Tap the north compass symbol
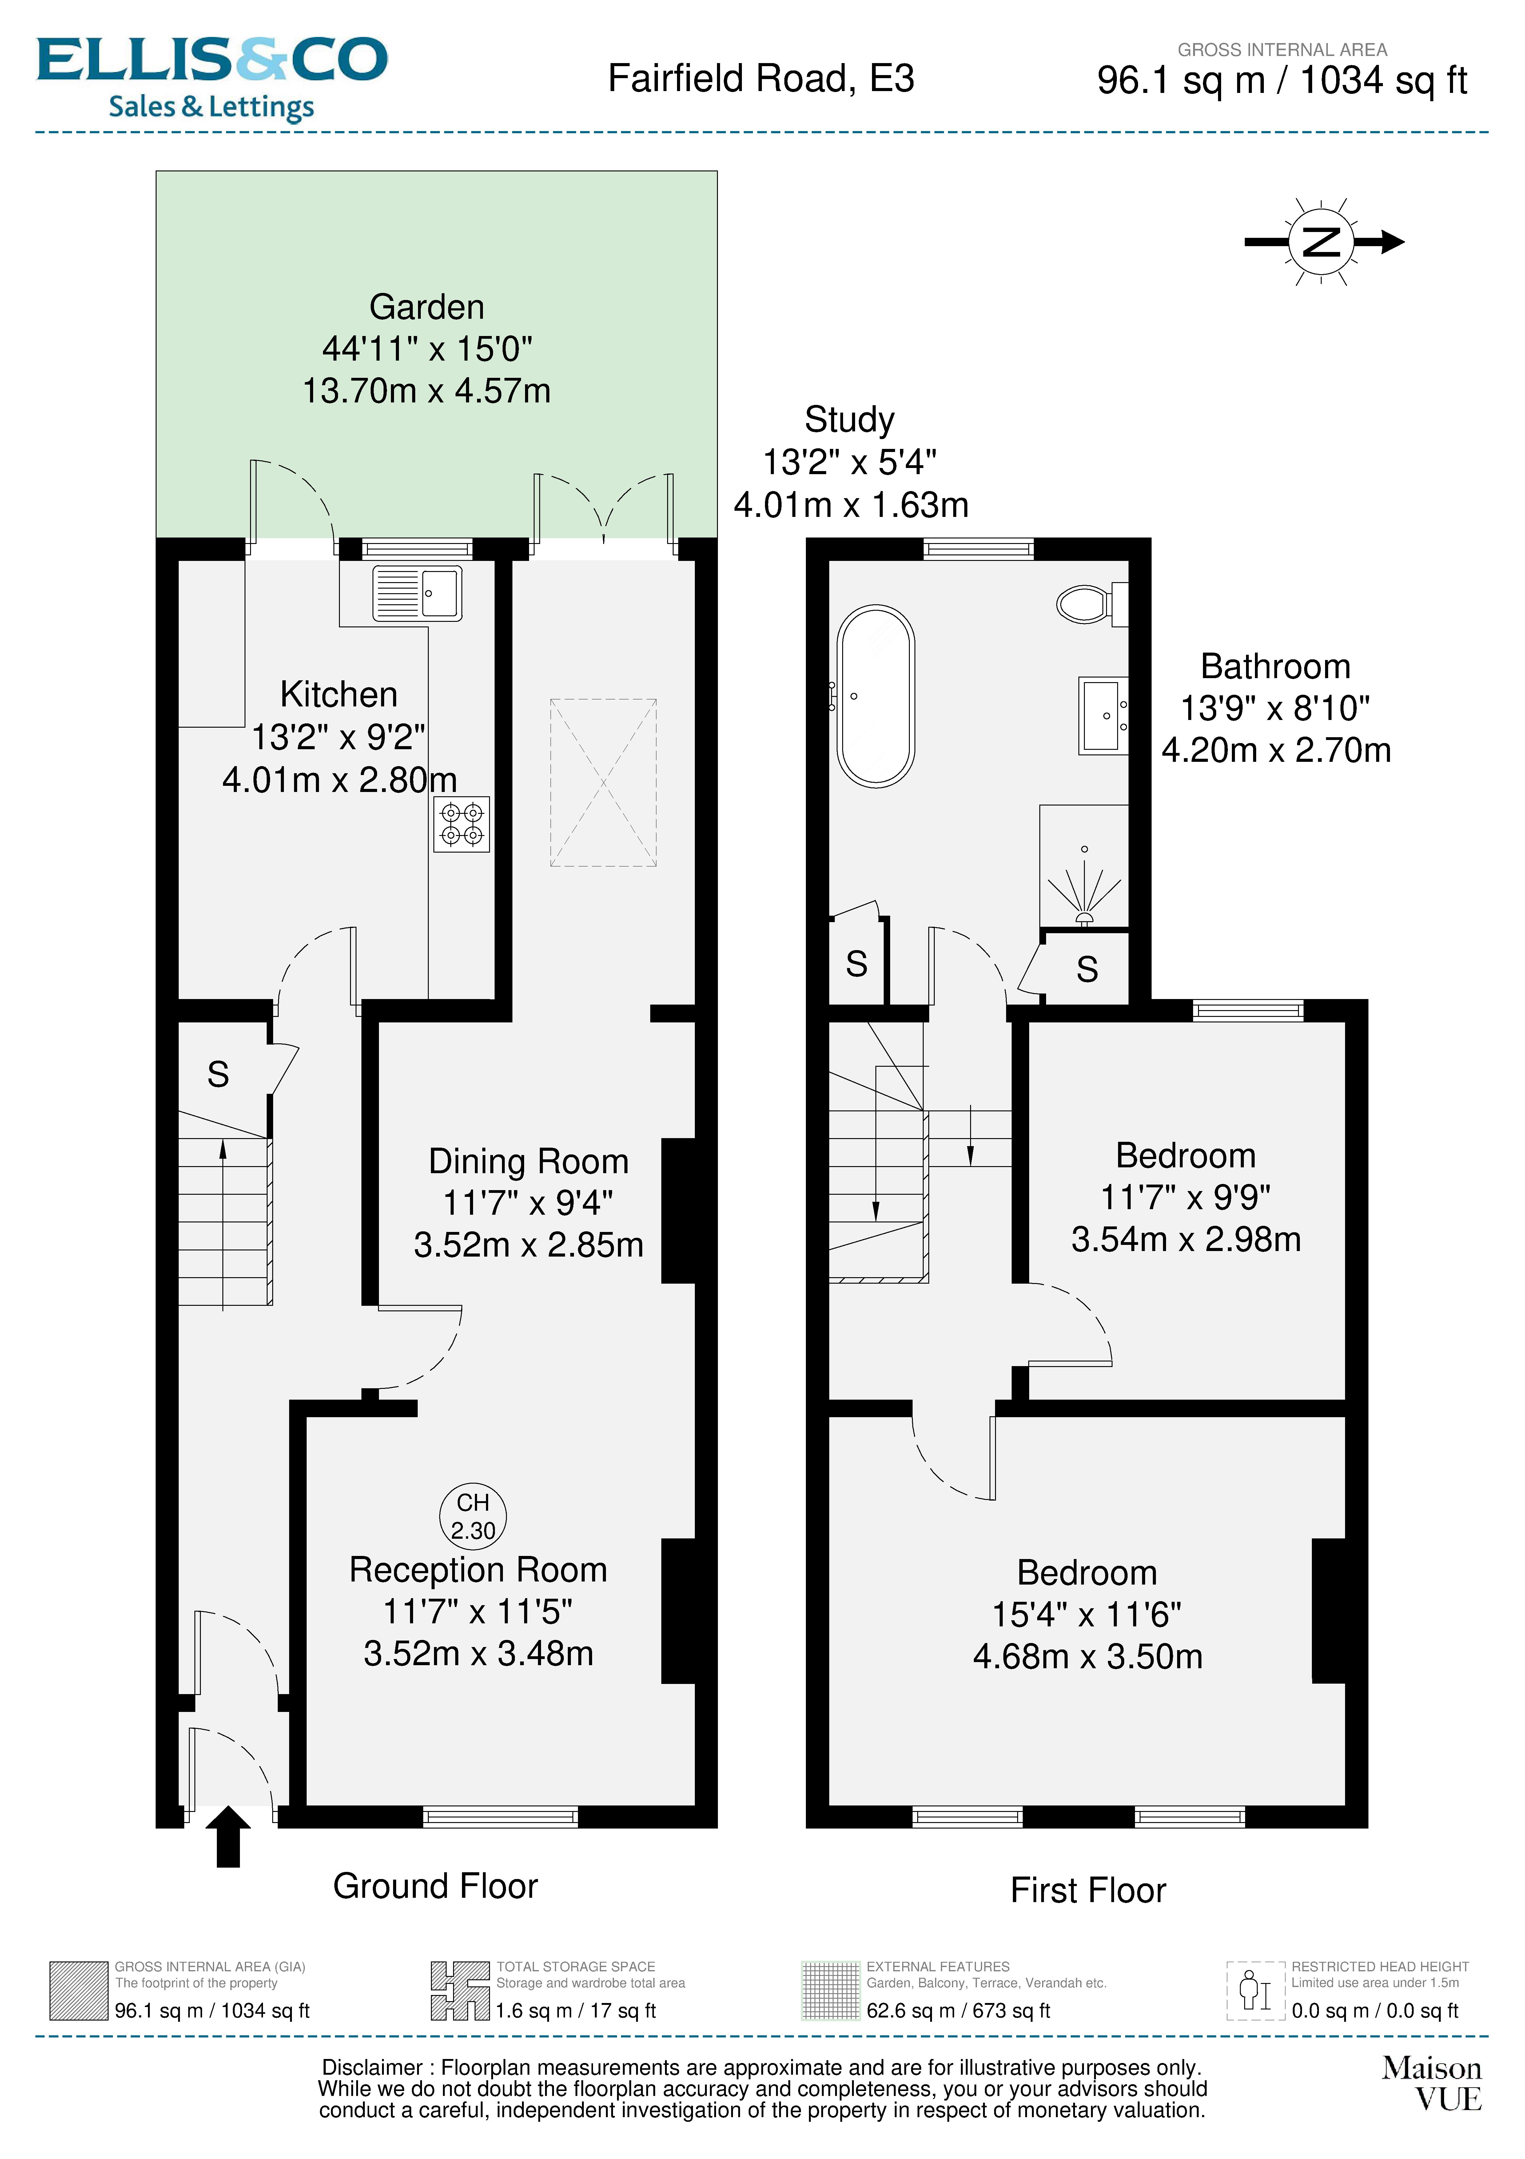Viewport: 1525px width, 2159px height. coord(1323,242)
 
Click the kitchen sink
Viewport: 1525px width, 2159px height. coord(417,592)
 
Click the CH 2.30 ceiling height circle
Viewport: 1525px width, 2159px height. coord(473,1516)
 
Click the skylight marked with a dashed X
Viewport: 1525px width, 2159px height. coord(603,782)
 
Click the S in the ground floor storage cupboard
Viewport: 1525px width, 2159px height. coord(218,1074)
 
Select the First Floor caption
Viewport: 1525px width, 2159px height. coord(1088,1890)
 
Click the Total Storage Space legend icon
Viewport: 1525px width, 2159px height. coord(460,1991)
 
